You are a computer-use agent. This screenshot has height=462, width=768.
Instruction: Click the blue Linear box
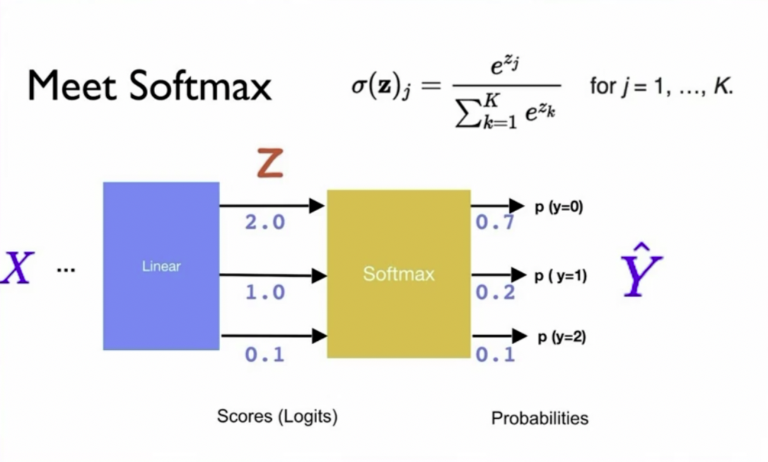(161, 266)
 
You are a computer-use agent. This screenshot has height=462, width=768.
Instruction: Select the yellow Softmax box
(398, 273)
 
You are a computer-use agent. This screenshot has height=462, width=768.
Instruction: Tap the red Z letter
(269, 164)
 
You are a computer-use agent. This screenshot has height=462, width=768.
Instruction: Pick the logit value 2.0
(264, 222)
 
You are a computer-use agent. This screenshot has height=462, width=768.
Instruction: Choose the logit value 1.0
(264, 291)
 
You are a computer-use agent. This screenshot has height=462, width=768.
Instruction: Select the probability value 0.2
(494, 291)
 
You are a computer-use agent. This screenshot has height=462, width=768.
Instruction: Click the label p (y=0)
(559, 208)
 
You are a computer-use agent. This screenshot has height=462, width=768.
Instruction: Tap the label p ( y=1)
(560, 276)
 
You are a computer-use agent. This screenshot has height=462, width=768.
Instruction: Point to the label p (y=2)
(562, 337)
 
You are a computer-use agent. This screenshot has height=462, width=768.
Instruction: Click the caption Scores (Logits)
(277, 417)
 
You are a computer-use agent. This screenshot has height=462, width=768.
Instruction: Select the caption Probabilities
(540, 418)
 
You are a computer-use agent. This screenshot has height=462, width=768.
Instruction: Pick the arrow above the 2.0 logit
(272, 206)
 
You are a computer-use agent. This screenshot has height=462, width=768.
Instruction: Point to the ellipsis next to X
(66, 269)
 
